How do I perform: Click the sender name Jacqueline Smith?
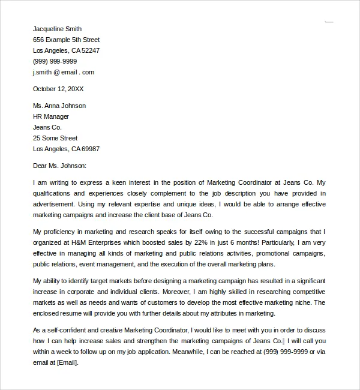[57, 29]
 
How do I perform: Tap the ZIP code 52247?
[91, 50]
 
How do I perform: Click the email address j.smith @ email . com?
[64, 72]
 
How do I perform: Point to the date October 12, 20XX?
[58, 89]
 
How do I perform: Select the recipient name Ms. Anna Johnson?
[59, 106]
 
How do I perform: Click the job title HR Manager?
[51, 116]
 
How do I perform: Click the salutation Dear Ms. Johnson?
[60, 166]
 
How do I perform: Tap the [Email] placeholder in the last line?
[67, 362]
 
